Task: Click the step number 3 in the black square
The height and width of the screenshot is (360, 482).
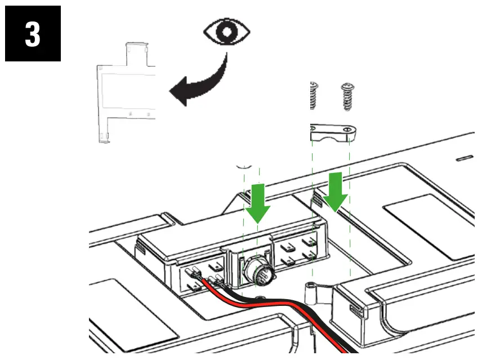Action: [33, 34]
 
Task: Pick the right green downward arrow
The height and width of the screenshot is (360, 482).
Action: [336, 192]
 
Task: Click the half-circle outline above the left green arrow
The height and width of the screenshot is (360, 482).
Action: [243, 166]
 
